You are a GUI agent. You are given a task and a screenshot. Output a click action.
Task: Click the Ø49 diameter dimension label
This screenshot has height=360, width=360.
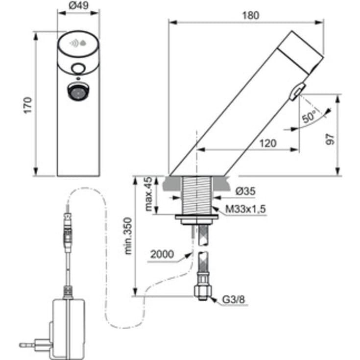(x=78, y=5)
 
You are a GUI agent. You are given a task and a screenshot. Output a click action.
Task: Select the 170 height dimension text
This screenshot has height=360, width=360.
(x=28, y=105)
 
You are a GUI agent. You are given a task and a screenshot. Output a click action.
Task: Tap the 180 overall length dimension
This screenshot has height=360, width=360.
(x=251, y=15)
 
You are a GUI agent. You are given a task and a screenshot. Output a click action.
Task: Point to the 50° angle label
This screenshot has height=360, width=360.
(x=309, y=117)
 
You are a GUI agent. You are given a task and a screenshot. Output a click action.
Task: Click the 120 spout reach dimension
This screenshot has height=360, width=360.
(x=268, y=144)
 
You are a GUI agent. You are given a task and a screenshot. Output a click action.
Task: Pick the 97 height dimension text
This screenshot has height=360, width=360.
(x=331, y=139)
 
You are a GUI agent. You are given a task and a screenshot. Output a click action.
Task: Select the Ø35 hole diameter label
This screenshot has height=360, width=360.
(x=245, y=191)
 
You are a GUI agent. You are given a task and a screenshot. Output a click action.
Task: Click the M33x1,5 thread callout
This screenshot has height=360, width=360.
(x=245, y=209)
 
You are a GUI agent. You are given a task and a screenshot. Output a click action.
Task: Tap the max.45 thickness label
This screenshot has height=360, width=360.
(x=149, y=194)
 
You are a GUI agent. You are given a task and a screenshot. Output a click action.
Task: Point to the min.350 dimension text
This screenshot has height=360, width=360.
(x=128, y=236)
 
